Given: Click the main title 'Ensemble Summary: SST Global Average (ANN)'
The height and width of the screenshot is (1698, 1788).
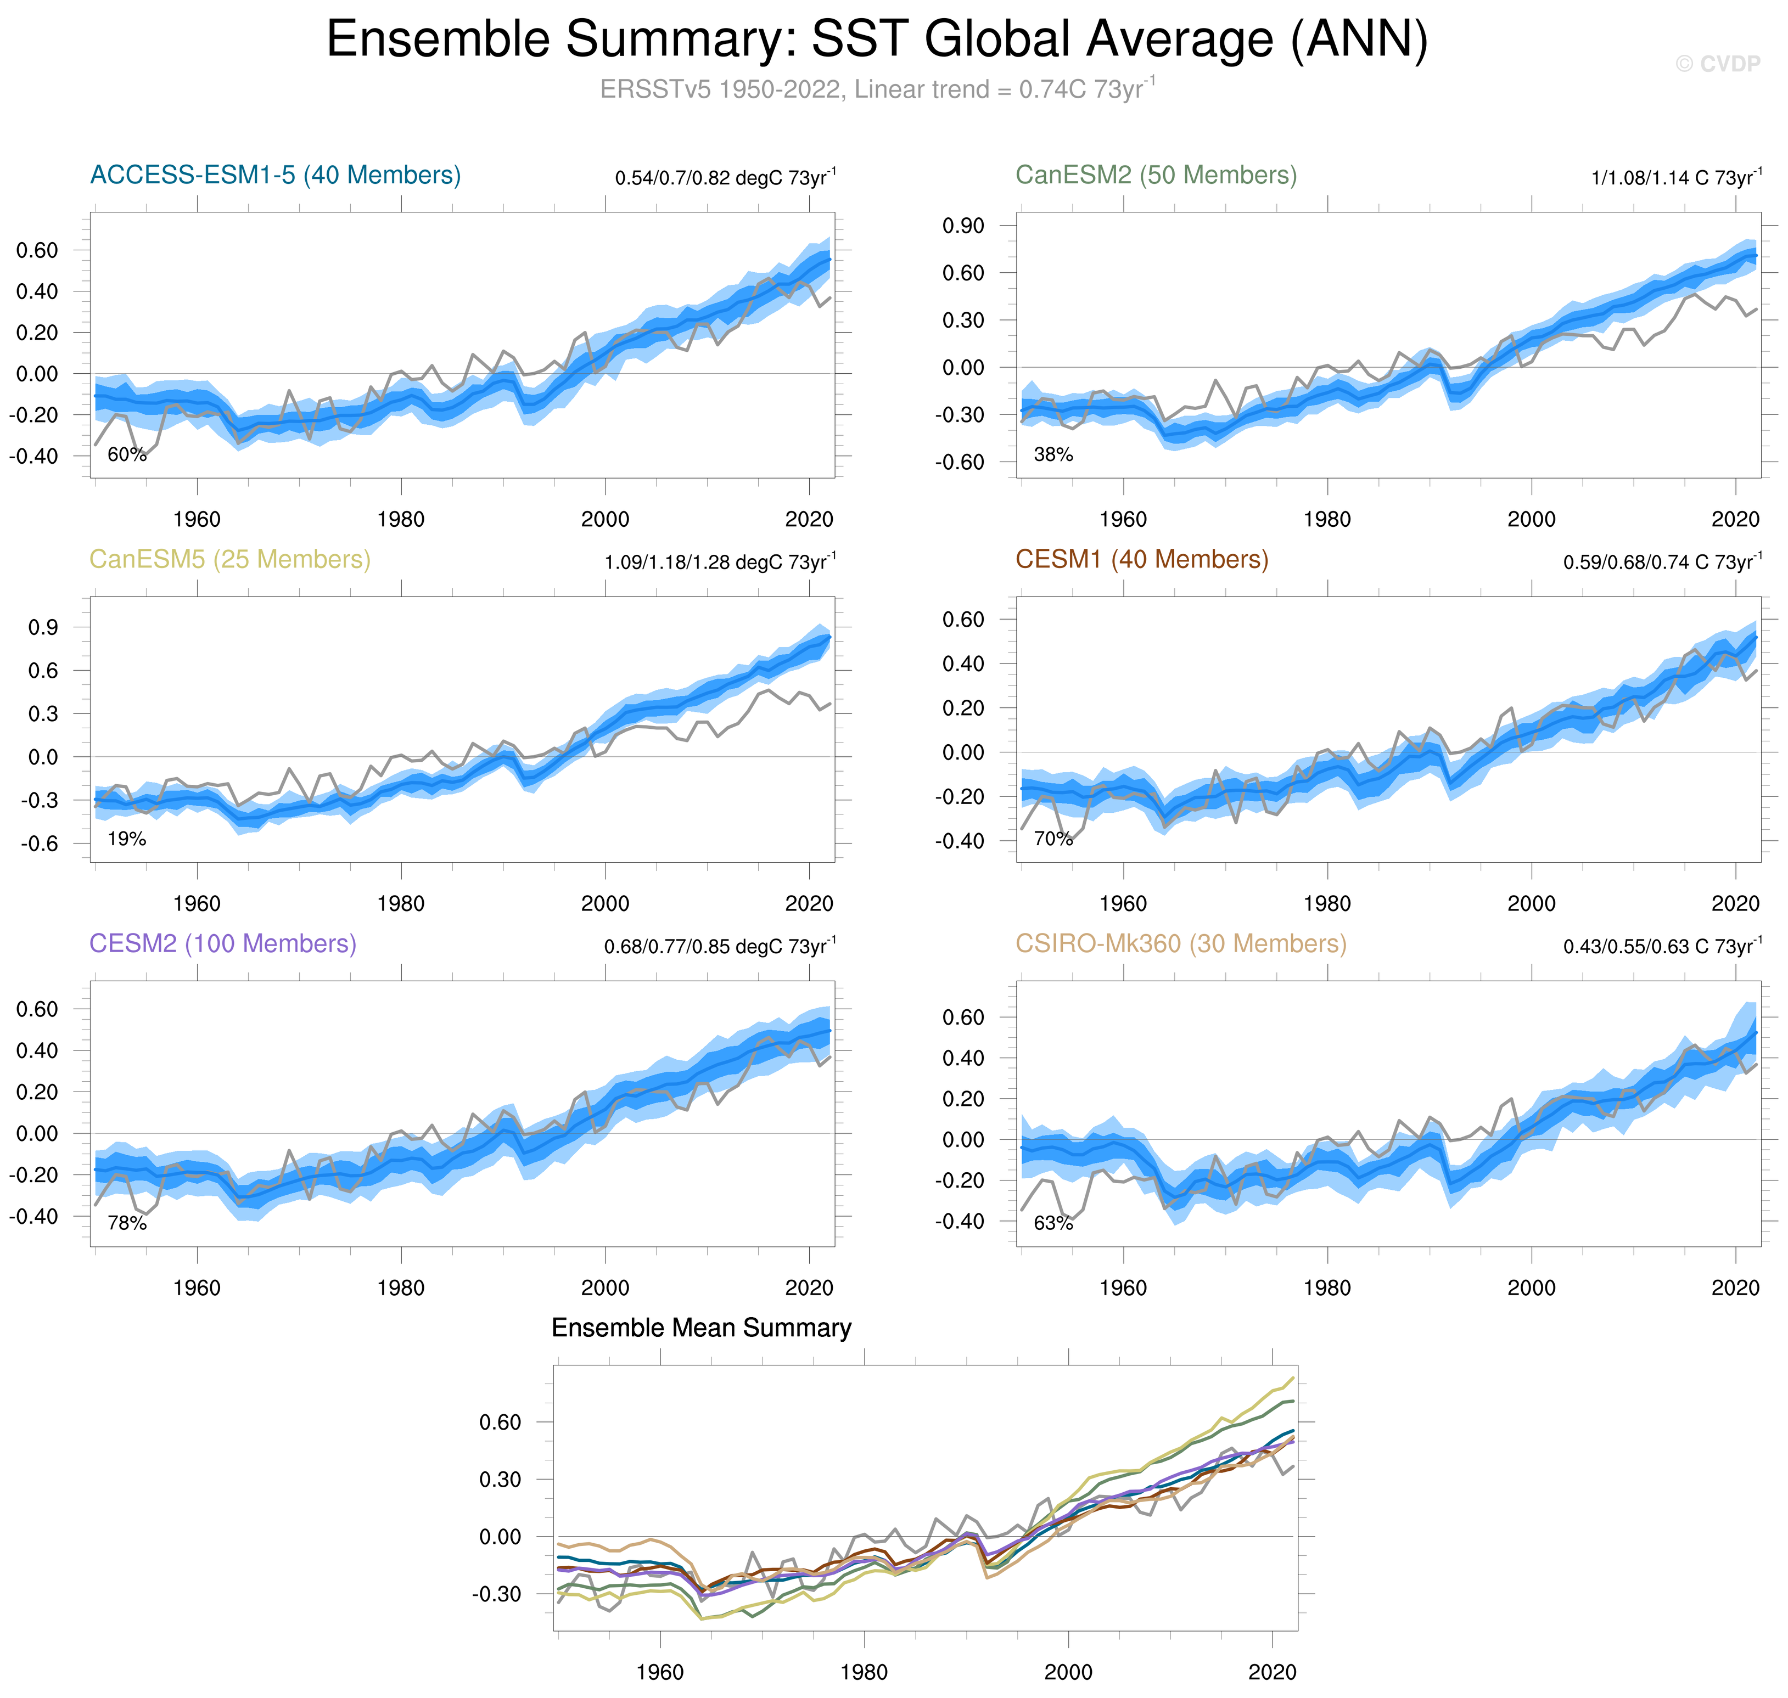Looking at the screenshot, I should point(876,40).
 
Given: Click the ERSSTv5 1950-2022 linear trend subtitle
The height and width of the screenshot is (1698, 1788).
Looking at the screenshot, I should point(876,89).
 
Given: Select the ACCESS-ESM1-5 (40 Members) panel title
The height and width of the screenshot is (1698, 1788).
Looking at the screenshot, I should point(275,175).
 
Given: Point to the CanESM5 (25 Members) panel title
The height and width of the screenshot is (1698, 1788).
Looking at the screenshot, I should point(230,559).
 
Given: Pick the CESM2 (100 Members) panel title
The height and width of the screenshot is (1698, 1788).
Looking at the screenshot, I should point(223,943).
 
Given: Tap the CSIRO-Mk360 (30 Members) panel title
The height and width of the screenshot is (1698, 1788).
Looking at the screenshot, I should point(1180,943).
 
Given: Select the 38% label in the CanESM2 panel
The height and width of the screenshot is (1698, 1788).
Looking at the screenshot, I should point(1053,454).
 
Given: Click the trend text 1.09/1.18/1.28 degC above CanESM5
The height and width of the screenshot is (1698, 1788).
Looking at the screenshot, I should point(720,562).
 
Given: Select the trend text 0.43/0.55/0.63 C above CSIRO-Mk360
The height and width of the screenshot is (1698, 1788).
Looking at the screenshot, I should point(1662,946).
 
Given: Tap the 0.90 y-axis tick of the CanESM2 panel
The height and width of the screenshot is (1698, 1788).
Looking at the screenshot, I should point(963,226).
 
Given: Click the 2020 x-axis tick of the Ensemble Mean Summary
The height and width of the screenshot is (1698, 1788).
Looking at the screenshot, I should point(1272,1672).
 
